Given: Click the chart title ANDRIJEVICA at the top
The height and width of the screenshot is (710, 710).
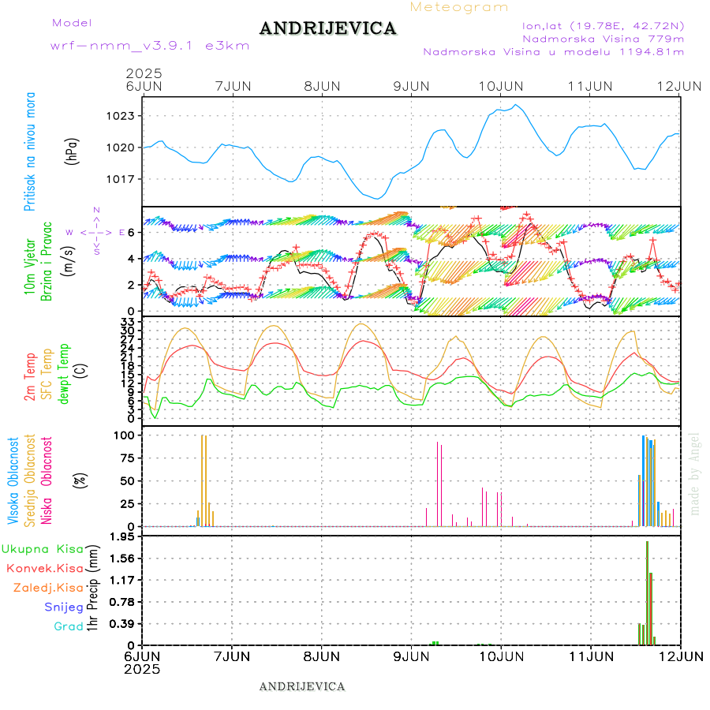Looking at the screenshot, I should point(327,28).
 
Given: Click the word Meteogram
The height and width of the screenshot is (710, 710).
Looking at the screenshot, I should point(459,7).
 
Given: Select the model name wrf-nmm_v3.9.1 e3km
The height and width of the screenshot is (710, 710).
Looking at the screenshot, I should point(149,45).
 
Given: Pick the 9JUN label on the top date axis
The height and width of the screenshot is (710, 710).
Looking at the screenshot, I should point(411,85).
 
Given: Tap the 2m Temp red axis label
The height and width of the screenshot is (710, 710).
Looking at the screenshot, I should point(30,378).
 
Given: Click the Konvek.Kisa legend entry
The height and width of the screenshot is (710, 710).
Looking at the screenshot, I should point(44,568).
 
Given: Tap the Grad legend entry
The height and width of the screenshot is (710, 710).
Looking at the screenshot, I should point(69,626).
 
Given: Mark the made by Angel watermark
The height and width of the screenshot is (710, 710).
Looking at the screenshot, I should point(695,473).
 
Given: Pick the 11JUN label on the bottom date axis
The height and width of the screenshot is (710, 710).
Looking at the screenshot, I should point(591,656).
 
